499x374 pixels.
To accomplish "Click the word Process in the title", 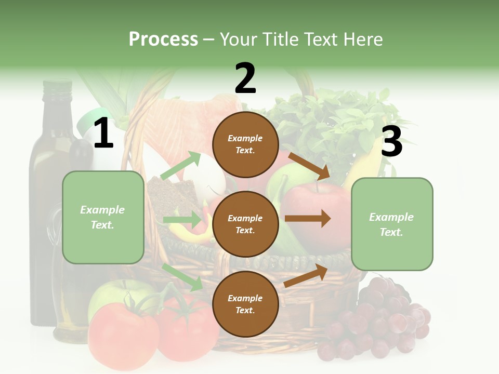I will pyautogui.click(x=163, y=39).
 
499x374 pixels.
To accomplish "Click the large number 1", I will pyautogui.click(x=103, y=133).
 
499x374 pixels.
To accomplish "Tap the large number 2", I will pyautogui.click(x=245, y=78).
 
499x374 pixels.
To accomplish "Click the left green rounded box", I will pyautogui.click(x=103, y=217).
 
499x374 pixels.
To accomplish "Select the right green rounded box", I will pyautogui.click(x=392, y=224).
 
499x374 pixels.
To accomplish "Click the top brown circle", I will pyautogui.click(x=245, y=144).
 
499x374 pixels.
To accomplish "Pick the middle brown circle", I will pyautogui.click(x=245, y=224).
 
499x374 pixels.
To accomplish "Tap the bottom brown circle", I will pyautogui.click(x=245, y=304).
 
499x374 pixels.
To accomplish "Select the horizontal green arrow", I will pyautogui.click(x=182, y=220).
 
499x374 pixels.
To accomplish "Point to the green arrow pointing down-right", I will pyautogui.click(x=182, y=277).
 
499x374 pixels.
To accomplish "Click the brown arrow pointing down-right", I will pyautogui.click(x=309, y=166).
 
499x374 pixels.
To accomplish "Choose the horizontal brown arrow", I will pyautogui.click(x=307, y=218).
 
